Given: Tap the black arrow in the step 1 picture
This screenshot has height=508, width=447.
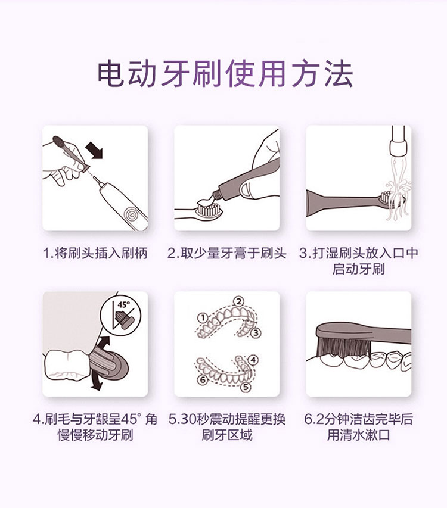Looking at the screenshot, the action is [94, 151].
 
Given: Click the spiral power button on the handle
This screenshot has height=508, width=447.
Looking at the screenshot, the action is [131, 214].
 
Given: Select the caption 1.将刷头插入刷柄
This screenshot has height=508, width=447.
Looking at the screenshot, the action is [95, 253].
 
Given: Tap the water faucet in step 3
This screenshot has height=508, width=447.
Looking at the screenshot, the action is [398, 141].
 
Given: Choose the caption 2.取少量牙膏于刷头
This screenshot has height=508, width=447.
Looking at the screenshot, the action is [227, 253].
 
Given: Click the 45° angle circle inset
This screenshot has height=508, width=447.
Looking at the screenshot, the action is [120, 314].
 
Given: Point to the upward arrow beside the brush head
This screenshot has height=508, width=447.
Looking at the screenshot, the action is [104, 344].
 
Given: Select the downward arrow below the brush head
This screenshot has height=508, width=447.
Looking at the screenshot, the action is [97, 382].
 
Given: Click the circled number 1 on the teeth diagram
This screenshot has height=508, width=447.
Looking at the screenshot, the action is [203, 318].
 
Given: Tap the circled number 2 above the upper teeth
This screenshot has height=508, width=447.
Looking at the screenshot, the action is [238, 302].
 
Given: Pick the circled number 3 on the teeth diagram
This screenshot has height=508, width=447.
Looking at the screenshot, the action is [256, 333].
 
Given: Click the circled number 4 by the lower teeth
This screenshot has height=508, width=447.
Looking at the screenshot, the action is [253, 360].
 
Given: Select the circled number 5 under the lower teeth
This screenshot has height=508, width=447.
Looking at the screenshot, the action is [246, 387].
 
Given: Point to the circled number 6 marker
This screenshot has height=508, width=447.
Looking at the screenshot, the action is [203, 379].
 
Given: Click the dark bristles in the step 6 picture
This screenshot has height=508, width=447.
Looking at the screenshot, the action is [345, 346].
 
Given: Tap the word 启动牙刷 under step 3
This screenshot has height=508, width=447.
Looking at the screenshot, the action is [358, 270].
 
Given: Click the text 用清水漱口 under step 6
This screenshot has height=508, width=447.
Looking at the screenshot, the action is [358, 435].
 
